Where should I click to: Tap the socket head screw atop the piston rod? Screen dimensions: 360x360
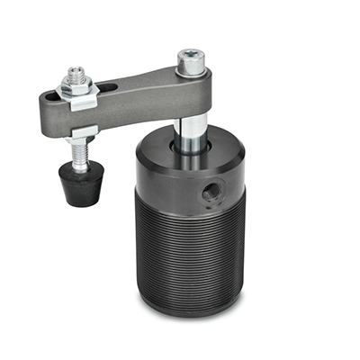pyautogui.click(x=190, y=61)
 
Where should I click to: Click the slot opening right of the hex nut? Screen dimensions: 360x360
pyautogui.click(x=105, y=87)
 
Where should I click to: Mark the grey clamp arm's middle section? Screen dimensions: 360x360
pyautogui.click(x=135, y=90)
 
